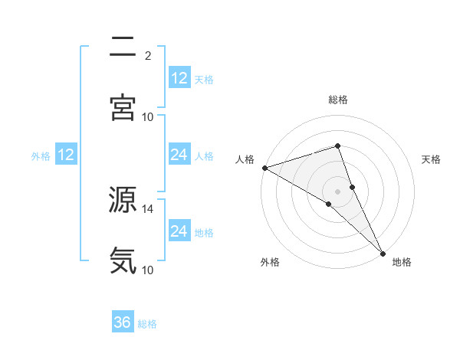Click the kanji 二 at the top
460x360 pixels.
pos(123,47)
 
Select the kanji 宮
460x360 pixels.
pos(123,107)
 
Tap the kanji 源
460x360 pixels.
pos(123,201)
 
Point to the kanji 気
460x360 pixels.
pos(123,260)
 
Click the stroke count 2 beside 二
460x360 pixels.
pos(148,55)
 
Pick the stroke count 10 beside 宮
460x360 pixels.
pos(148,116)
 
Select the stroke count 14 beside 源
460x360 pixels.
pos(148,208)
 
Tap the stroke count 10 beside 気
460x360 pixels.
pos(148,270)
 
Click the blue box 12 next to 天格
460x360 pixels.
pos(179,78)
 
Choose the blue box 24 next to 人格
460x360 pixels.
pos(179,155)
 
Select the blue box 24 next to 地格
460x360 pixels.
pos(179,231)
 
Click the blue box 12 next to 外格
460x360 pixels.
pos(66,155)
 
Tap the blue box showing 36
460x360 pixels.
pos(123,322)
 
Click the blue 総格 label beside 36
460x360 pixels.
pos(147,324)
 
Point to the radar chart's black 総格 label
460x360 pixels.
pos(338,100)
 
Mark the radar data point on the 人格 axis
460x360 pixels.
pos(264,167)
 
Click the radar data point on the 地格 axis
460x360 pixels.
pos(383,252)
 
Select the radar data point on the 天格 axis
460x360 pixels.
pos(353,187)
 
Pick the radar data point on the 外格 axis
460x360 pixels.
pos(328,204)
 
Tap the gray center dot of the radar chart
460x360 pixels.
pos(338,191)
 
